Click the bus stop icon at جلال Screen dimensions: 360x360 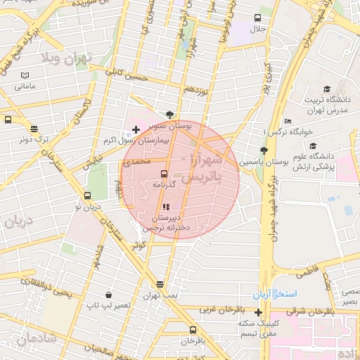click(x=258, y=18)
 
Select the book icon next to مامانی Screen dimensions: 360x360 click(x=25, y=75)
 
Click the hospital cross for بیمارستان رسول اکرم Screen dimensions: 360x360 click(x=136, y=129)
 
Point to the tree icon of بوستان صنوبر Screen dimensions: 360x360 click(x=169, y=115)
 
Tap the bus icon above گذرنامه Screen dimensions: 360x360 click(x=164, y=173)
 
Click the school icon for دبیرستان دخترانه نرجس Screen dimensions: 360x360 click(x=167, y=207)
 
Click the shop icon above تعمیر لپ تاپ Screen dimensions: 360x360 click(x=108, y=295)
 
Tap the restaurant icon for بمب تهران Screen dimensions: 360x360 click(x=160, y=284)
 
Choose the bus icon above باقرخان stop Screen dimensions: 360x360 click(x=193, y=330)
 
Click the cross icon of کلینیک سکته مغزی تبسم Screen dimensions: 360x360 click(x=259, y=312)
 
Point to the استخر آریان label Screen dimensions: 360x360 click(x=278, y=292)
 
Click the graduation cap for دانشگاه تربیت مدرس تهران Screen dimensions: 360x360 click(x=326, y=89)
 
